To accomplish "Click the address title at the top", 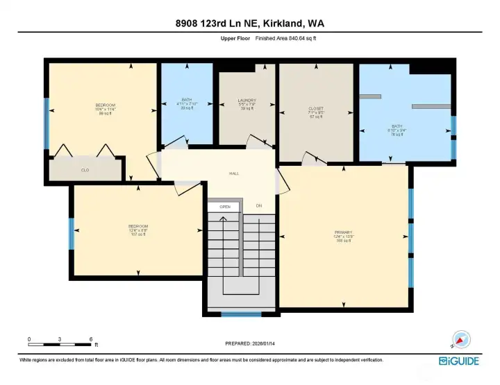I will coord(250,23).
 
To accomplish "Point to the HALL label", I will coord(235,173).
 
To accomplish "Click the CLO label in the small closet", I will coord(85,169).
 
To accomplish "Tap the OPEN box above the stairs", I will coord(224,207).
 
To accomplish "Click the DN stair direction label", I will coord(259,206).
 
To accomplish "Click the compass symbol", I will coord(461,339).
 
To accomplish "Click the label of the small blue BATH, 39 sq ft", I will coord(186,104).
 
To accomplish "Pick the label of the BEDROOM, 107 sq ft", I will coord(137,230).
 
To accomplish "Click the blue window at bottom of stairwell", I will coord(241,315).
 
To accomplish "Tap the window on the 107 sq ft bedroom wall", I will coord(71,233).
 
